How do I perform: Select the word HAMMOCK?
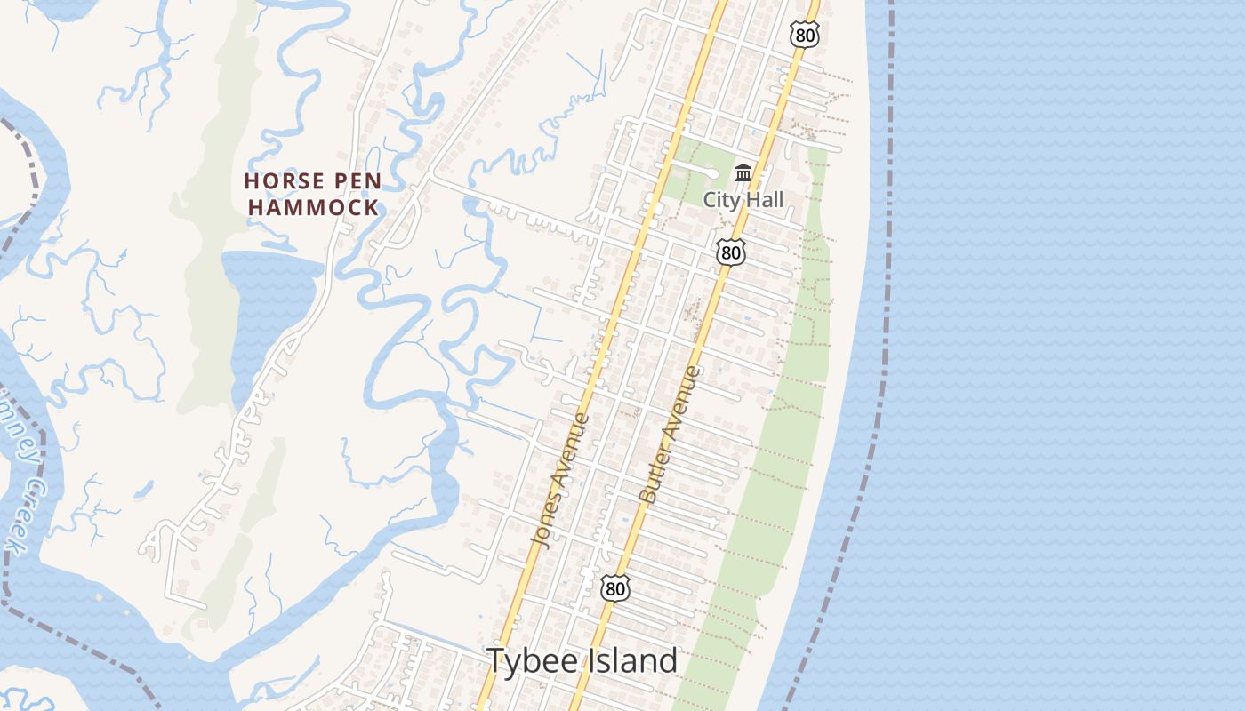pyautogui.click(x=313, y=208)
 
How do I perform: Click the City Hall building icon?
pyautogui.click(x=743, y=172)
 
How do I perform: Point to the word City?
pyautogui.click(x=722, y=199)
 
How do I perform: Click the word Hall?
pyautogui.click(x=765, y=199)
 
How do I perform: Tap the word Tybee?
pyautogui.click(x=532, y=660)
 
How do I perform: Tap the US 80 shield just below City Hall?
pyautogui.click(x=730, y=252)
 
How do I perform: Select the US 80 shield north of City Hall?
pyautogui.click(x=802, y=35)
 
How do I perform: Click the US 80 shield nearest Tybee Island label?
pyautogui.click(x=614, y=587)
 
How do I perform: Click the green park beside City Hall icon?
pyautogui.click(x=703, y=169)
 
